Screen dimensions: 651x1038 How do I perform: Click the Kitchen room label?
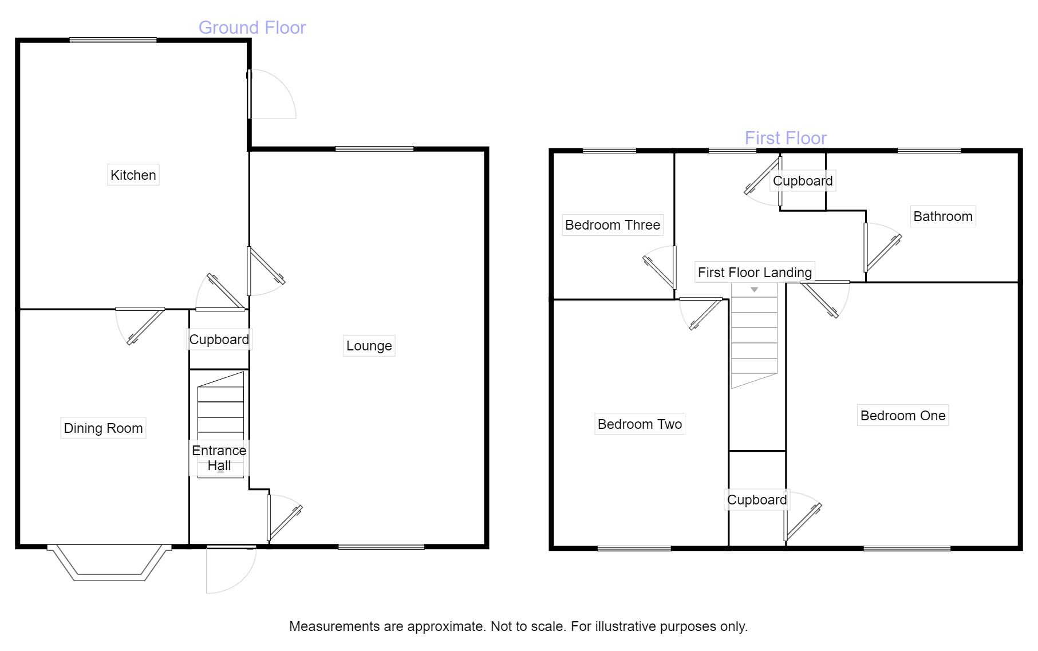click(x=133, y=175)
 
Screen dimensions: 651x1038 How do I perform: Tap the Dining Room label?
click(x=103, y=428)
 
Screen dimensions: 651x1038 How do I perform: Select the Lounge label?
click(x=369, y=346)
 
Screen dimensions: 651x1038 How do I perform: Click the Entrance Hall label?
click(x=219, y=458)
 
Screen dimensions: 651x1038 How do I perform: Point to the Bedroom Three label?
click(x=612, y=225)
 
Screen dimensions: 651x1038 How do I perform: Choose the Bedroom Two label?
click(x=640, y=424)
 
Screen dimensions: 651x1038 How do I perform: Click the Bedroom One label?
click(x=902, y=416)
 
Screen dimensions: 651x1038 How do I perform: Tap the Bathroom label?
click(x=942, y=216)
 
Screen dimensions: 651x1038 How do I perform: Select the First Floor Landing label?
click(x=754, y=273)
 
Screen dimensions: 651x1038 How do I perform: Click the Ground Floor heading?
click(x=252, y=27)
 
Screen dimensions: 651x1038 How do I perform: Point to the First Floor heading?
click(x=786, y=138)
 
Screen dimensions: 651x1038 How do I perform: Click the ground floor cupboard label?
click(x=219, y=340)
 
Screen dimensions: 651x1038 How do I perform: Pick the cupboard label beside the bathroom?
click(x=802, y=181)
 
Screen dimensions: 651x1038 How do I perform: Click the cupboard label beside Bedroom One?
click(x=756, y=500)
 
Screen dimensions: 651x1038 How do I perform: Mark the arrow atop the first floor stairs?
click(x=754, y=290)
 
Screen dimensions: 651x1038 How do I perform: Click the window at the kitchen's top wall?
click(x=113, y=40)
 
